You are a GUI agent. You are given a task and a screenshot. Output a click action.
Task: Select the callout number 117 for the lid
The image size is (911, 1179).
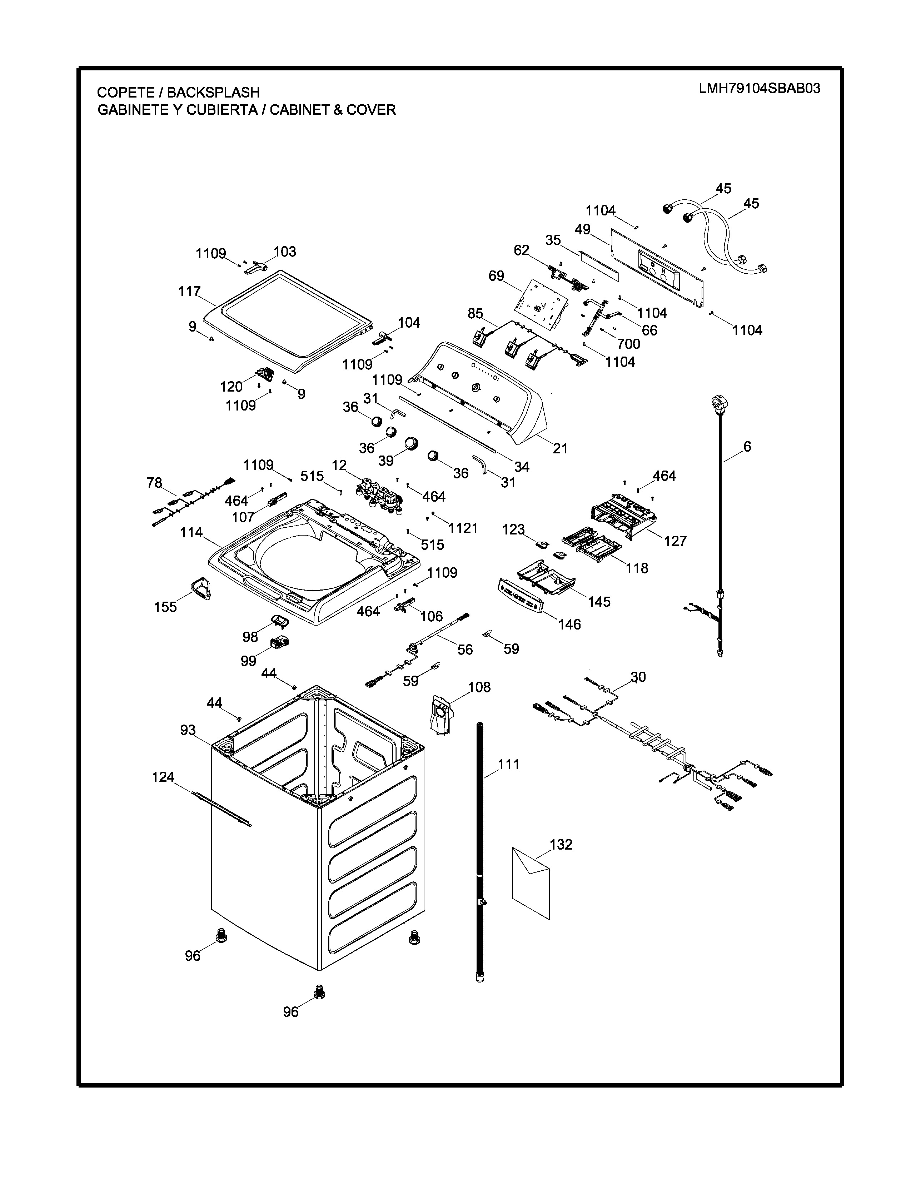(189, 292)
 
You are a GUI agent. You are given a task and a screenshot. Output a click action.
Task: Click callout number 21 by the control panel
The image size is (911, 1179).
(560, 448)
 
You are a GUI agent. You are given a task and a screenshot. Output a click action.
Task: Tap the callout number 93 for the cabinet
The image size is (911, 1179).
(188, 730)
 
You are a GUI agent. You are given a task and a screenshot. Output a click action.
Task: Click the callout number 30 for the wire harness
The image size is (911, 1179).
(638, 677)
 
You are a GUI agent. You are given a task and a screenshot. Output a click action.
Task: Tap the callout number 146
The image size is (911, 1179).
(569, 624)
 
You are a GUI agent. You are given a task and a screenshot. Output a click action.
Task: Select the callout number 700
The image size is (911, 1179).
(628, 344)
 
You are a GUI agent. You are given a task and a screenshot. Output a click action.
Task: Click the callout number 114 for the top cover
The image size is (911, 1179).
(191, 532)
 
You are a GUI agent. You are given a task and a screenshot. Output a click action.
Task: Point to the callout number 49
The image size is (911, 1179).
(582, 229)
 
